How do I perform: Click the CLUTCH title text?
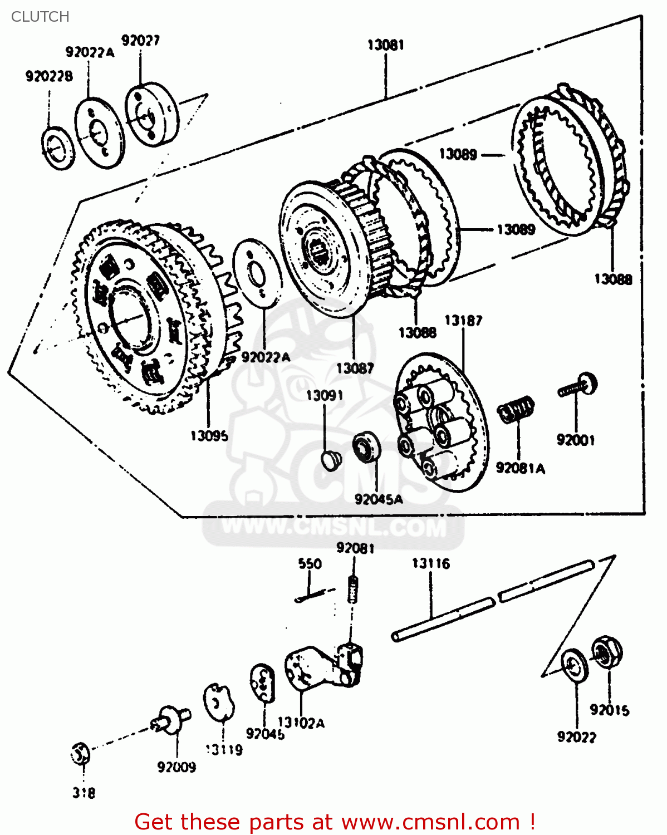point(40,17)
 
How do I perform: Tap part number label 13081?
point(385,45)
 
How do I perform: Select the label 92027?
point(140,41)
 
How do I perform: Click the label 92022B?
point(49,76)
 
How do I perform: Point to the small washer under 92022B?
point(58,148)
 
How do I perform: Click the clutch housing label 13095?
point(209,436)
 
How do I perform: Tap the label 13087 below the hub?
point(355,368)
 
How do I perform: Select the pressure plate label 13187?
point(463,321)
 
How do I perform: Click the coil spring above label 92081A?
point(516,410)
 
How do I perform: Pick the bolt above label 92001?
point(579,386)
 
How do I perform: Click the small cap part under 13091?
point(331,460)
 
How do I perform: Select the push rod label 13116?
point(430,564)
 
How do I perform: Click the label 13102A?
point(301,723)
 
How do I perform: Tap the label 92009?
point(176,767)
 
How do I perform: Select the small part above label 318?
point(80,754)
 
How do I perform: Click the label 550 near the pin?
point(310,564)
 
